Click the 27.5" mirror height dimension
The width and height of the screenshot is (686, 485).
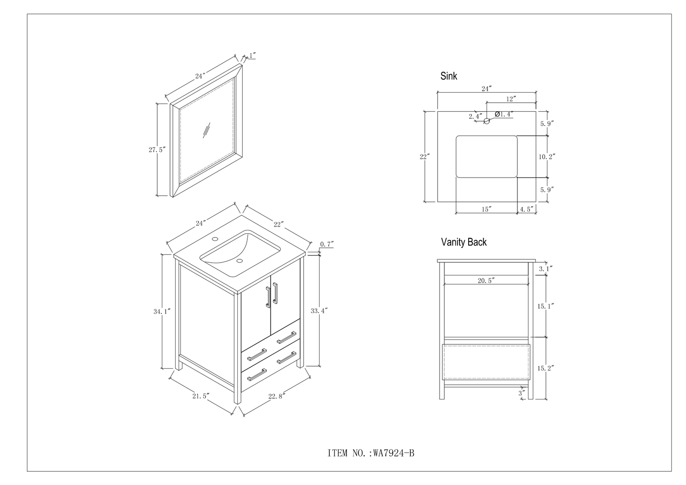click(x=157, y=150)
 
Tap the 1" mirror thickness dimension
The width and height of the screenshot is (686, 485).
click(x=252, y=56)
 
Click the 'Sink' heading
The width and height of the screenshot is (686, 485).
click(x=449, y=76)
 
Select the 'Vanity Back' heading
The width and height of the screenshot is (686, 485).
click(x=463, y=242)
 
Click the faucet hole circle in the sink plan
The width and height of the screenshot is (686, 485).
click(x=486, y=121)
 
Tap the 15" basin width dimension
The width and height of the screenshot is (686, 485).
click(x=486, y=209)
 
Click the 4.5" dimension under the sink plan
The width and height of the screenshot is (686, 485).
click(x=527, y=209)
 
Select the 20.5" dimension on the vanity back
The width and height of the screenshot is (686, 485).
click(x=487, y=281)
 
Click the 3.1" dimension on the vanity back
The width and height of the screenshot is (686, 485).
click(x=545, y=269)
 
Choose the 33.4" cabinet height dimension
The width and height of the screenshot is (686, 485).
click(x=319, y=311)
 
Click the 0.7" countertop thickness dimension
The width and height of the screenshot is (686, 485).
click(x=327, y=244)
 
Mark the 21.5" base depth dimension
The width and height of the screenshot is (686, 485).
click(x=200, y=395)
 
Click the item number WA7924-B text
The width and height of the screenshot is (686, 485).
click(x=371, y=454)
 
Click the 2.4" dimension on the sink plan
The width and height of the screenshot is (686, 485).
click(x=475, y=116)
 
